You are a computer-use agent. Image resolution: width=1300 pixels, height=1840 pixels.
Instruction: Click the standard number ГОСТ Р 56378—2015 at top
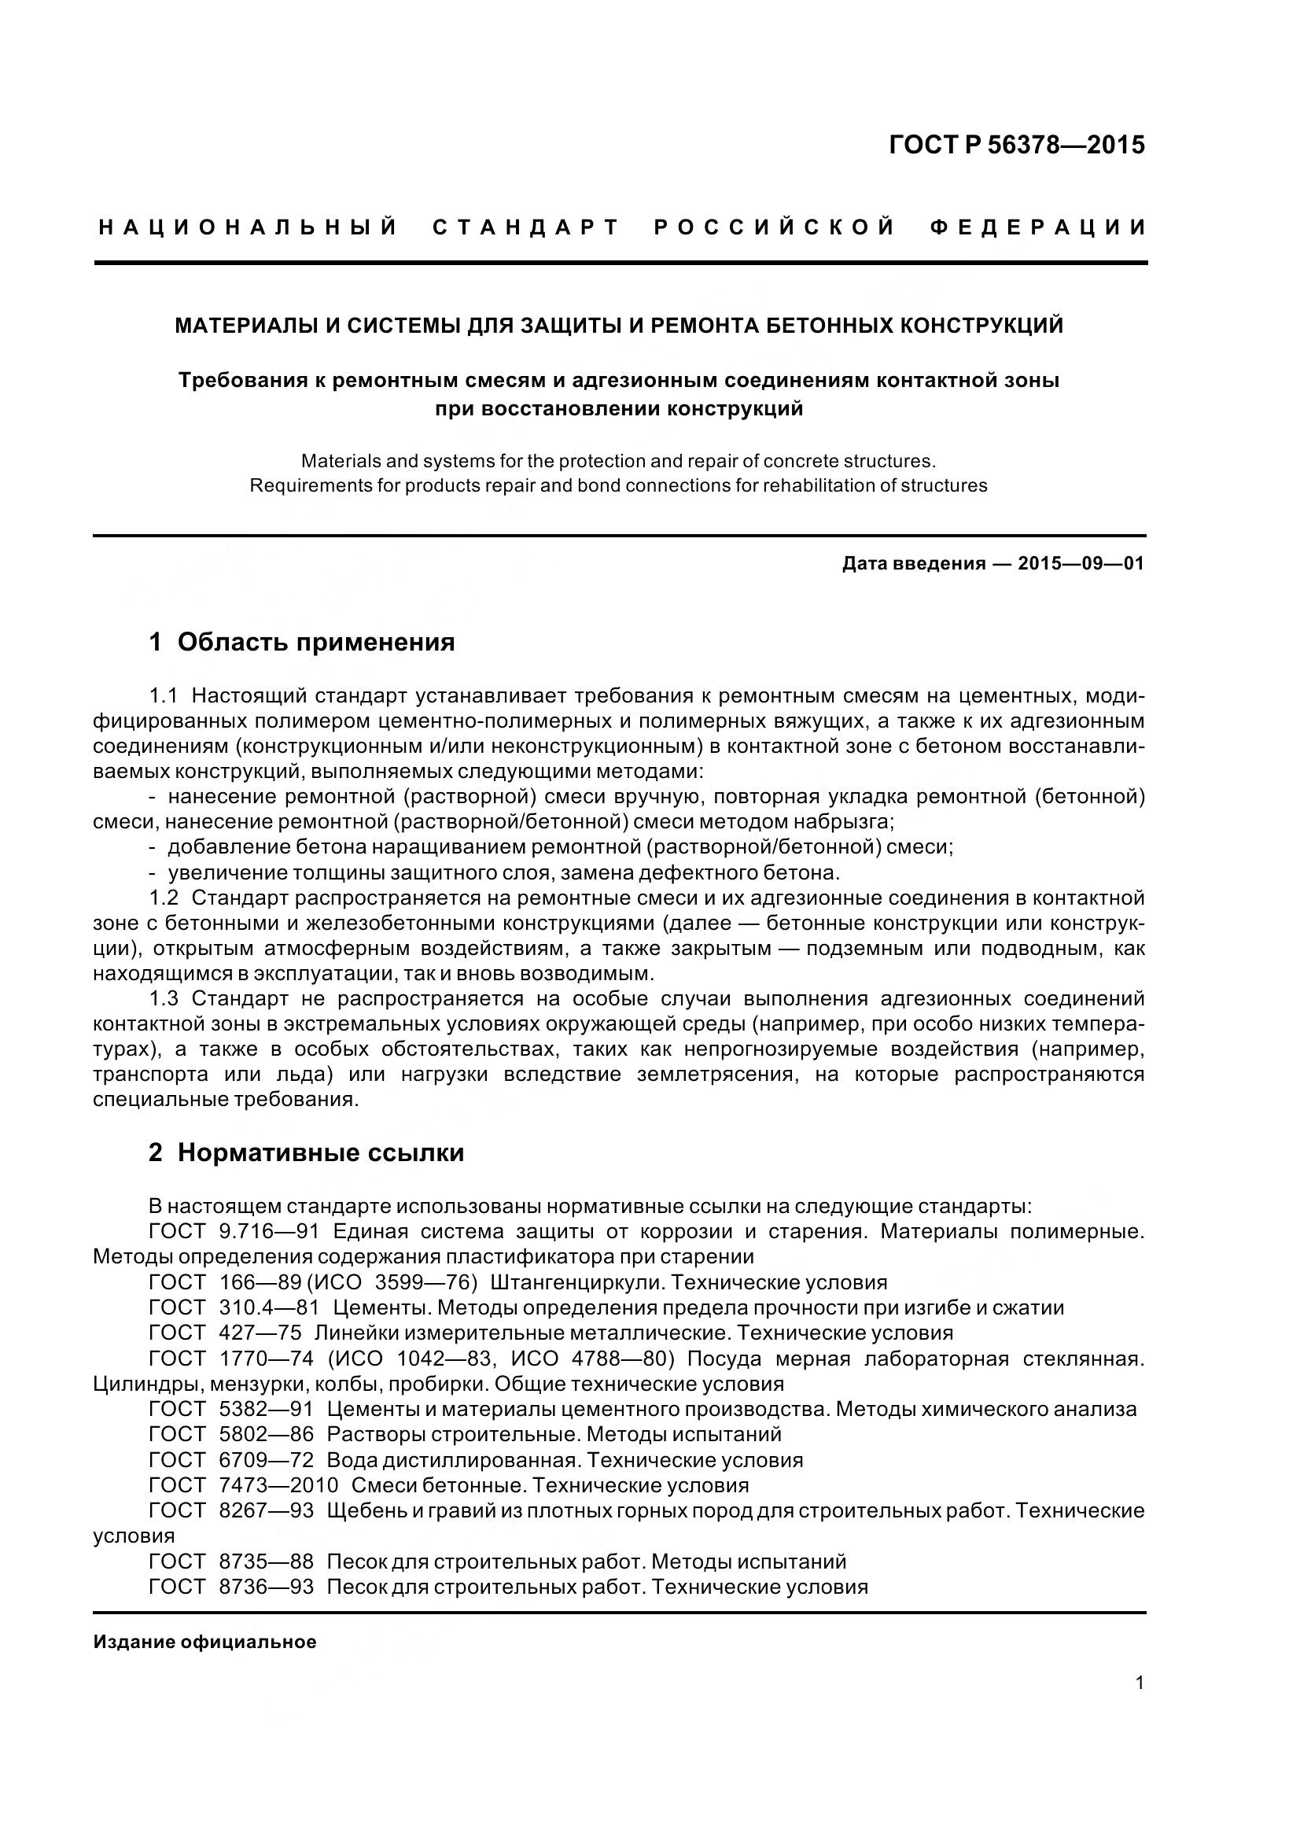click(x=1016, y=145)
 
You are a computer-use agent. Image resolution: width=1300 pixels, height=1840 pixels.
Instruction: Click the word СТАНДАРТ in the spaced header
click(x=526, y=227)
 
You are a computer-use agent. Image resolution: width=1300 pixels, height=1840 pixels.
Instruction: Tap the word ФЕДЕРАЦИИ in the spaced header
click(x=1038, y=227)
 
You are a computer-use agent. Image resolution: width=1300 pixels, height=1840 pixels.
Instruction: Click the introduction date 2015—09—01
click(x=1081, y=563)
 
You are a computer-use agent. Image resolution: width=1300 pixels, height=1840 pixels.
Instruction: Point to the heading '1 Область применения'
click(x=302, y=642)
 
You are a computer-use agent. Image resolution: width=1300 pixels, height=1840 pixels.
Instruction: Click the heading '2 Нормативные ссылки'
click(x=306, y=1152)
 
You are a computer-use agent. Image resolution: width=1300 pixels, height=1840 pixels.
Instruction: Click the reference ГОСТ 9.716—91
click(x=234, y=1231)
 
